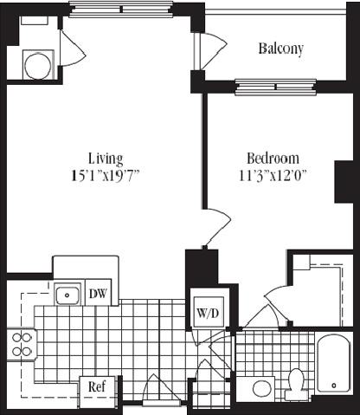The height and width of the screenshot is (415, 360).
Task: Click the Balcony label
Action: point(280,49)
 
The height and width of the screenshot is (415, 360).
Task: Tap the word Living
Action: point(106,159)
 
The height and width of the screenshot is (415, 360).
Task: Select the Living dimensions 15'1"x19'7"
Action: point(106,175)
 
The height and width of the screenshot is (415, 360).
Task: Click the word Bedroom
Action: point(273,159)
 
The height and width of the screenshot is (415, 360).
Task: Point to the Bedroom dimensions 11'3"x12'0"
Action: point(273,175)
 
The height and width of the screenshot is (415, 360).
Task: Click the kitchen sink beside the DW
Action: point(67,295)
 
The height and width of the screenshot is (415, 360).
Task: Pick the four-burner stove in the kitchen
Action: point(21,344)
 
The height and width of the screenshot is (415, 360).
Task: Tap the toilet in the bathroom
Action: point(295,382)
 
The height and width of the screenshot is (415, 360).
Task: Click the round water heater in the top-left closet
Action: point(37,64)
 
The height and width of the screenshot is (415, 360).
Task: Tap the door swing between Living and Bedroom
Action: point(215,228)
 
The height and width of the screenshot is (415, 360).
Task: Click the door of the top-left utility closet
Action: point(72,49)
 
